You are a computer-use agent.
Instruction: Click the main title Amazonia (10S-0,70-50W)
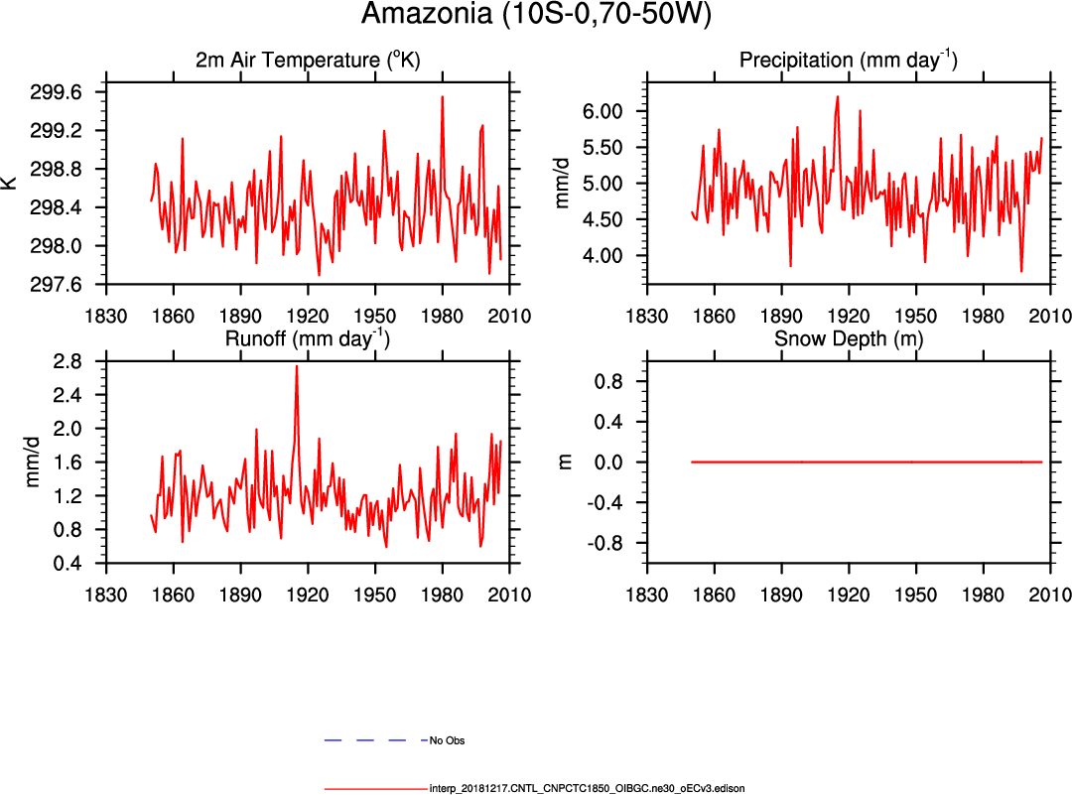point(536,15)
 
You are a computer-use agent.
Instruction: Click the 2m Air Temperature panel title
point(308,61)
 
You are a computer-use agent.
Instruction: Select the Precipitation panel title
point(848,61)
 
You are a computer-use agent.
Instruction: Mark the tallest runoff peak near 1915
point(296,367)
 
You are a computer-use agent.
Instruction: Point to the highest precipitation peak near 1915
point(838,97)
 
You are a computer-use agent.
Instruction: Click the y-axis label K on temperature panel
point(11,182)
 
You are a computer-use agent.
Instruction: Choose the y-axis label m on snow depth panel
point(566,461)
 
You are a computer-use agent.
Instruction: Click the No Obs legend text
point(447,740)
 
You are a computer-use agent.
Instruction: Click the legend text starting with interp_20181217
point(587,788)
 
